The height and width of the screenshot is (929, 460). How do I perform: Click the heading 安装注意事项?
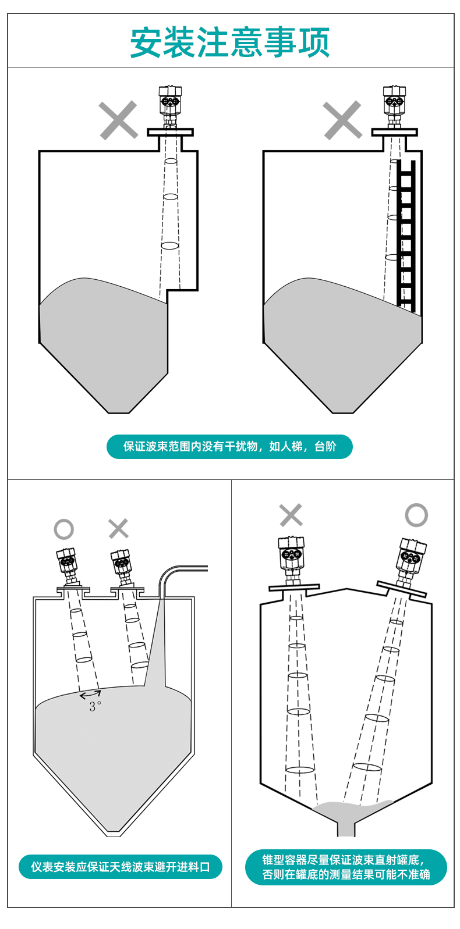click(x=229, y=42)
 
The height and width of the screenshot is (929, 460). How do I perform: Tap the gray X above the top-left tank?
click(x=118, y=120)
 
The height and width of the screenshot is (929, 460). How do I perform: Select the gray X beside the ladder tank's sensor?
click(x=342, y=120)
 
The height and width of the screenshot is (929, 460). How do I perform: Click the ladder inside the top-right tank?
click(x=406, y=236)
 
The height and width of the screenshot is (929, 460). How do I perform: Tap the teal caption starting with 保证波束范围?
click(x=229, y=447)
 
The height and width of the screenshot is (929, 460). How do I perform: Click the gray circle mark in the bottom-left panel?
click(x=64, y=529)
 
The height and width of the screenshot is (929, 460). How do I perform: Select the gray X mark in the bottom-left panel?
click(x=119, y=529)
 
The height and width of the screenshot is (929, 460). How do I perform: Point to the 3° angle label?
click(x=95, y=706)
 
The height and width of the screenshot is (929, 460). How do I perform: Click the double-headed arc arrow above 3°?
click(x=90, y=694)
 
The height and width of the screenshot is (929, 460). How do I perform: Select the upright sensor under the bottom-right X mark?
click(x=291, y=558)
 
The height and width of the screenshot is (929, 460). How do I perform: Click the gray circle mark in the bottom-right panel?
click(x=416, y=515)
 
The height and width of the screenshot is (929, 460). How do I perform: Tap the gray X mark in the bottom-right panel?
click(x=291, y=515)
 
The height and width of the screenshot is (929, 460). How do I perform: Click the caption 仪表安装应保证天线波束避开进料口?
click(x=121, y=867)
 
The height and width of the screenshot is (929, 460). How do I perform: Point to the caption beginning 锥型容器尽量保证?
click(x=346, y=867)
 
